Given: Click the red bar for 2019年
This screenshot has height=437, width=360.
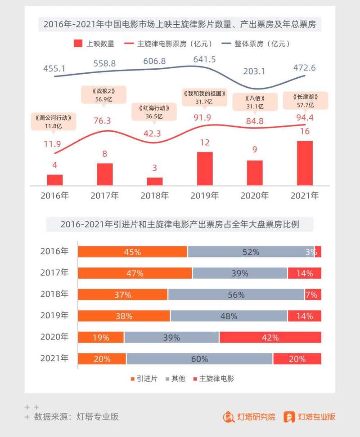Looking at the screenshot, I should [205, 169].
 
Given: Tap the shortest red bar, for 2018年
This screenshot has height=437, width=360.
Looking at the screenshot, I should [155, 181].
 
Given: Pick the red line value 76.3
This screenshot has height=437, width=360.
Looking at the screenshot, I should [104, 120].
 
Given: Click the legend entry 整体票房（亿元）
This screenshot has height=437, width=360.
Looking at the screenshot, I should [256, 44].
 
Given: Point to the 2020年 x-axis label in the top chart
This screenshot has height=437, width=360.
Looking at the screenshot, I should [254, 196].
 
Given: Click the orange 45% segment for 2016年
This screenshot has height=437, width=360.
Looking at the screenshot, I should [133, 252].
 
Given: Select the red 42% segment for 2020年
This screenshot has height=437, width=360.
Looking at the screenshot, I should [270, 338].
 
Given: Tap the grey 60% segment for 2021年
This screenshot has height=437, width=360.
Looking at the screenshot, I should [199, 359].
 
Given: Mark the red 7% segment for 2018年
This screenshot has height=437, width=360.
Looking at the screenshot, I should [312, 294].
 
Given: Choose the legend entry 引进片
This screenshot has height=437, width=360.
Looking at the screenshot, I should [144, 378].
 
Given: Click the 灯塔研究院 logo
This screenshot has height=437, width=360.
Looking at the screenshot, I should [249, 417].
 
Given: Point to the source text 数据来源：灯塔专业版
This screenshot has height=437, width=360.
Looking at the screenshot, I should [76, 417].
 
